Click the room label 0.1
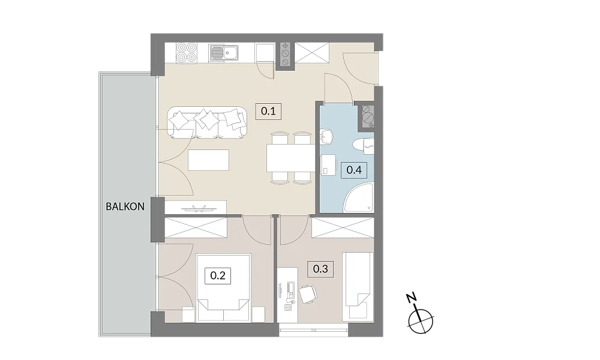coord(268,112)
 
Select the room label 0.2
coord(218,275)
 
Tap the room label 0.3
coord(320,269)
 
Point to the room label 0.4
coord(354,169)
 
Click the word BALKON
coord(125,206)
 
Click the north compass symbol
coord(421,320)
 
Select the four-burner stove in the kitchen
coord(187,52)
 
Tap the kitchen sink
coord(223,53)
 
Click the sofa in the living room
coord(207,122)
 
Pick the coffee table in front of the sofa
coord(209,160)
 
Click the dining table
coord(291,158)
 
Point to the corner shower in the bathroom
coord(359,197)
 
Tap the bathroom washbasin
coord(326,137)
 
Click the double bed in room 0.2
coord(223,287)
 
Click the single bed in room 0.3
coord(358,286)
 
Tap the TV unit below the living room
coord(196,208)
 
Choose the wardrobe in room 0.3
coord(343,227)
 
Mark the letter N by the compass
coord(412,298)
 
